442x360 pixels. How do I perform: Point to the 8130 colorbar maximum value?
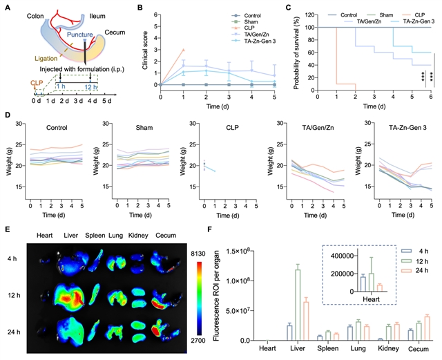[x=196, y=255]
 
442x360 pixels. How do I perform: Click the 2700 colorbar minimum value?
[x=196, y=341]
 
